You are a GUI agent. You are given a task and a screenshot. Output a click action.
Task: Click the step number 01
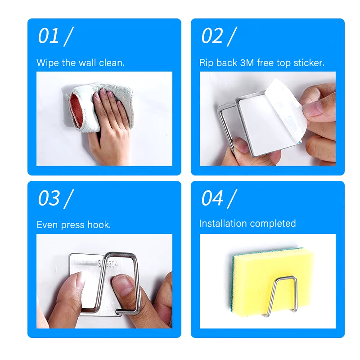48,36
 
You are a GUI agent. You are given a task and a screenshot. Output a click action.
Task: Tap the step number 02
211,36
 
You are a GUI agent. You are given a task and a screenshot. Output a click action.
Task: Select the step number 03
49,198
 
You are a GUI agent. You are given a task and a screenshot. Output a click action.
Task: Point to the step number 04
212,198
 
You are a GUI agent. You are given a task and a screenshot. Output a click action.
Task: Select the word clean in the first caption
112,63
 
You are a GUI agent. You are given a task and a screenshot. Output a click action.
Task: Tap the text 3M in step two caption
247,63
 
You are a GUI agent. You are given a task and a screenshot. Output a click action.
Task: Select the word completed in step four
273,224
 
